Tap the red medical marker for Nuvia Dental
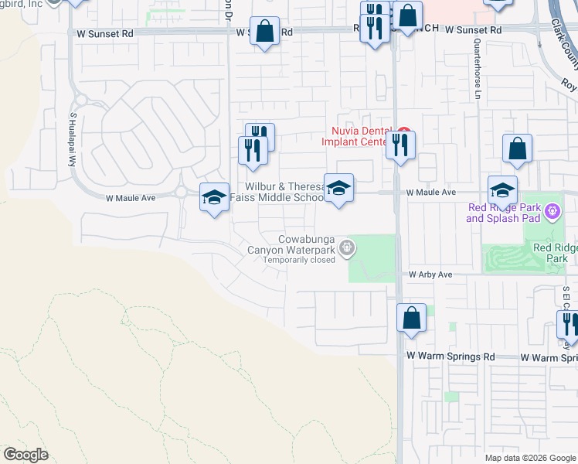point(403,131)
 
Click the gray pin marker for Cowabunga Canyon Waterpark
point(348,247)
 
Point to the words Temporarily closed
point(299,260)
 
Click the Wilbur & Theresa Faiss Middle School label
point(284,192)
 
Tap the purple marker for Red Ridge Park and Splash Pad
point(552,210)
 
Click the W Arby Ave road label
point(430,275)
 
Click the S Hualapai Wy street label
point(74,139)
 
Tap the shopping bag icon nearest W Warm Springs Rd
point(412,317)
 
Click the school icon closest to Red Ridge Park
point(502,189)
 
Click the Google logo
point(25,455)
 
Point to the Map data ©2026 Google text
point(530,458)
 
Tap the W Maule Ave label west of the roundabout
point(131,198)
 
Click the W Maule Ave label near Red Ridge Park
point(430,192)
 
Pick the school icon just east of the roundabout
point(214,196)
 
